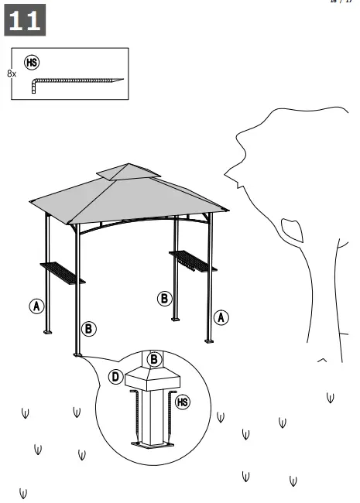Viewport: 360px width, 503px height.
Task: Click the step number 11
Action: click(25, 20)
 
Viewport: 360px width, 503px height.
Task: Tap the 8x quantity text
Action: click(11, 74)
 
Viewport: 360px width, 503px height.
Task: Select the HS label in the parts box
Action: click(32, 62)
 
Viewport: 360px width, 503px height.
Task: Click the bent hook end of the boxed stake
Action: click(33, 87)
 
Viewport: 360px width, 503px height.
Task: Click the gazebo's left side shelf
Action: click(62, 272)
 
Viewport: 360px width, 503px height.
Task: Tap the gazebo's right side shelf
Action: click(193, 261)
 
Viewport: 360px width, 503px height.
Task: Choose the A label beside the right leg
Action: click(221, 317)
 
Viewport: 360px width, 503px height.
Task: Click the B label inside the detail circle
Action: click(154, 359)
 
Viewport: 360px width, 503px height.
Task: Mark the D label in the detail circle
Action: click(115, 377)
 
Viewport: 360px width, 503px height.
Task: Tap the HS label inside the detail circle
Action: click(183, 402)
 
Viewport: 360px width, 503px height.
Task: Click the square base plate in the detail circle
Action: click(153, 444)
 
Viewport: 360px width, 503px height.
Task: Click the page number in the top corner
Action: click(341, 2)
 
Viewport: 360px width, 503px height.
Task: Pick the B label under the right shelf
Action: click(164, 299)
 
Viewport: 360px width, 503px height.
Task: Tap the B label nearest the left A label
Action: click(89, 329)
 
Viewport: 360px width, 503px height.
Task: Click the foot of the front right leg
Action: click(208, 339)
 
